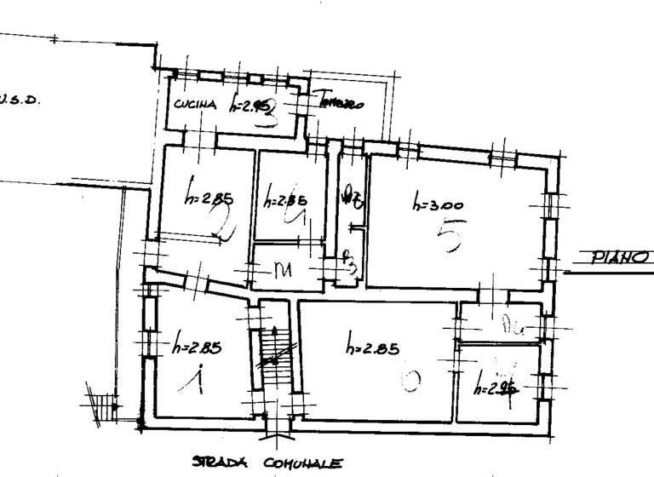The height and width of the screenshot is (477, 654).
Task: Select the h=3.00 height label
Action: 438,204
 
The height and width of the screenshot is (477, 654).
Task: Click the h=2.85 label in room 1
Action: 196,347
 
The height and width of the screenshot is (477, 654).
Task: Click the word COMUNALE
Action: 302,463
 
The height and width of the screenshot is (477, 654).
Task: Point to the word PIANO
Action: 621,257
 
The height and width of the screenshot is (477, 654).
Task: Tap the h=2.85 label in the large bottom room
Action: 373,347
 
